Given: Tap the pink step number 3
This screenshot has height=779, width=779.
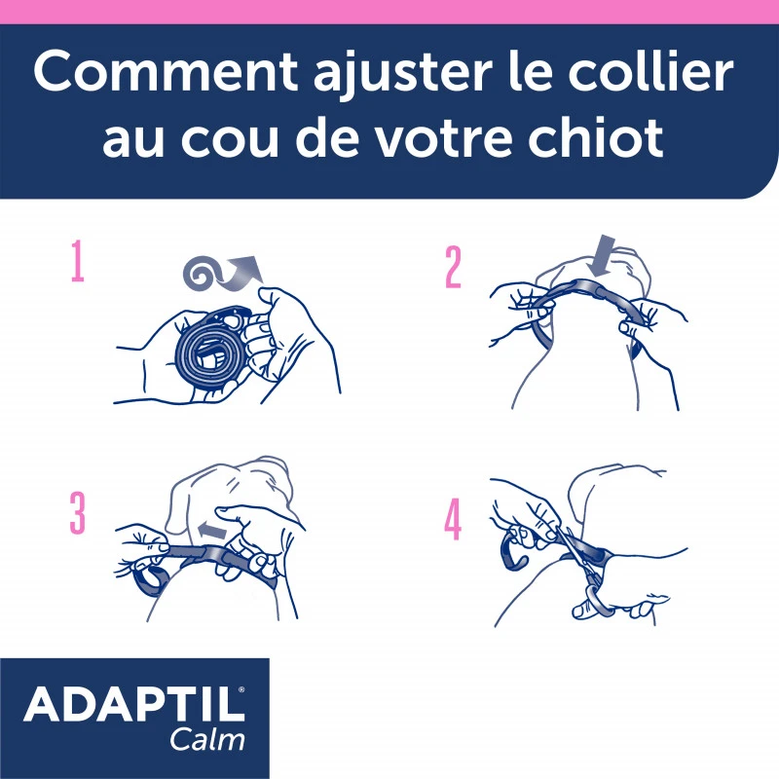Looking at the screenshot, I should pos(77,513).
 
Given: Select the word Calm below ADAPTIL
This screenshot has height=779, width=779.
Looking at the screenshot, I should pos(208,737).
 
